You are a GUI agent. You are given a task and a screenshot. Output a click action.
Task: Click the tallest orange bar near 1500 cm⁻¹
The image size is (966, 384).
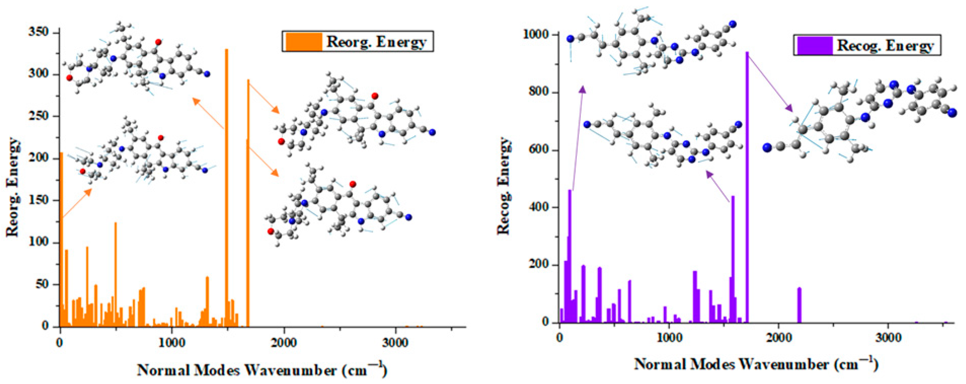tap(226, 187)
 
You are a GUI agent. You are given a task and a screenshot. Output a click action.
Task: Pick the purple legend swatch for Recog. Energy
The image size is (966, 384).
tap(814, 46)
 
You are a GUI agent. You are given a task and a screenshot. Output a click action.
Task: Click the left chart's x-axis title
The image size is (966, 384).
tap(261, 371)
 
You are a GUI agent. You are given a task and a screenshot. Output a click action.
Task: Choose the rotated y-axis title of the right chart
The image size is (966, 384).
tap(503, 186)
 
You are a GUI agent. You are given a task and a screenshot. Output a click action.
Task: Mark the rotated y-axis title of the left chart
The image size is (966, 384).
tap(12, 187)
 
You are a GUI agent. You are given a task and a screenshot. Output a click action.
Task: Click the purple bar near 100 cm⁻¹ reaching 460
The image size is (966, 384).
tap(570, 255)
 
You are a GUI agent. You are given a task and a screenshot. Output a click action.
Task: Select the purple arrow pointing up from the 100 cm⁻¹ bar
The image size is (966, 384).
tap(578, 139)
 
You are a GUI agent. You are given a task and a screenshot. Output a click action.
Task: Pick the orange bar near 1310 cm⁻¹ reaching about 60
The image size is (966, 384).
tap(207, 302)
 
